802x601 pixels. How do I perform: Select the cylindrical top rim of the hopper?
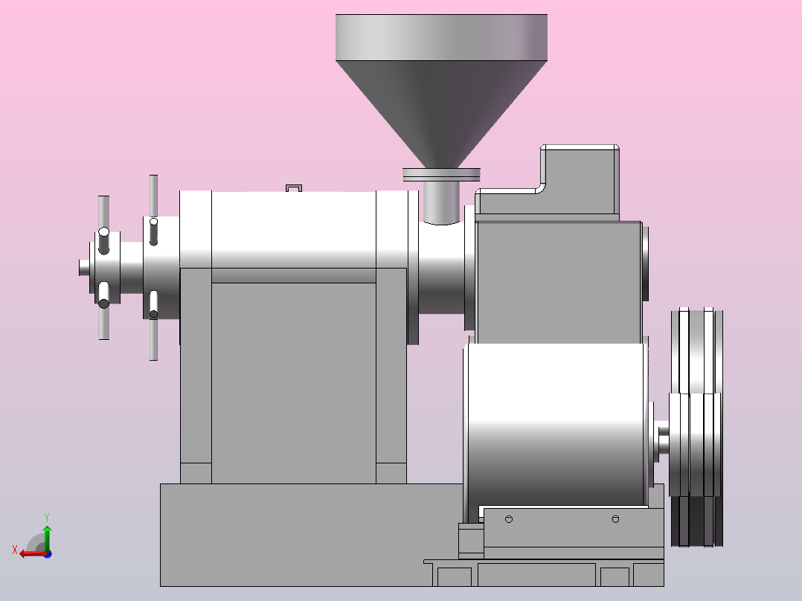point(441,37)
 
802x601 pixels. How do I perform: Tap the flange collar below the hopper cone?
point(441,174)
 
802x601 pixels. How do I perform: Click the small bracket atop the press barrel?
point(294,188)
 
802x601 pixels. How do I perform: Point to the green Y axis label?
point(47,518)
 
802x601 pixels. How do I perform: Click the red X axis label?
point(15,550)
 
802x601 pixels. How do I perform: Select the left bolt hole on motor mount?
point(508,519)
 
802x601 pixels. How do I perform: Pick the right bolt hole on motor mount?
point(615,519)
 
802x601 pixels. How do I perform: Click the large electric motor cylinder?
point(557,425)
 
